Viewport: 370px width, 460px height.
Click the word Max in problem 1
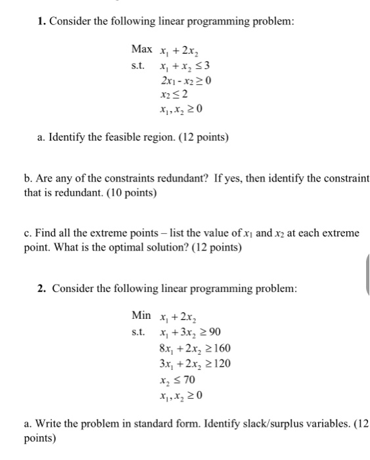point(142,49)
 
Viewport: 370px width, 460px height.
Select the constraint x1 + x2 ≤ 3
point(185,66)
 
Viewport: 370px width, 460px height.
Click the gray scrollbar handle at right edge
point(367,276)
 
